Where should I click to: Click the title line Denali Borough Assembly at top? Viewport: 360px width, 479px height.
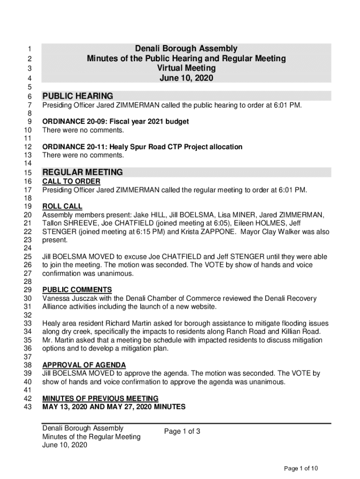pyautogui.click(x=186, y=49)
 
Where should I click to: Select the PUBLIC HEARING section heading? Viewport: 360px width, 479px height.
pyautogui.click(x=78, y=96)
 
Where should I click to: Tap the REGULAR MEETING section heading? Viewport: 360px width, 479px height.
pyautogui.click(x=82, y=172)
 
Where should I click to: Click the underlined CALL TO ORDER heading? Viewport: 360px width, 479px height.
pyautogui.click(x=71, y=181)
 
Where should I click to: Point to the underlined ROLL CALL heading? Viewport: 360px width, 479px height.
pyautogui.click(x=62, y=206)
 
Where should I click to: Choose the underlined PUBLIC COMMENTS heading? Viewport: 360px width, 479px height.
pyautogui.click(x=77, y=290)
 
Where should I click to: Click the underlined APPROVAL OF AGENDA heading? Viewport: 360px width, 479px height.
pyautogui.click(x=84, y=365)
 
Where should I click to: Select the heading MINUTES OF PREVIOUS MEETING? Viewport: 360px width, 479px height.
pyautogui.click(x=100, y=399)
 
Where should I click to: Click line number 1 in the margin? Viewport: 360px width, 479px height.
pyautogui.click(x=29, y=49)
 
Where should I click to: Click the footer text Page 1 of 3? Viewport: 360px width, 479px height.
pyautogui.click(x=182, y=431)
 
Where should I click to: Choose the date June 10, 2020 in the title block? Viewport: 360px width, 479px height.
pyautogui.click(x=186, y=79)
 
